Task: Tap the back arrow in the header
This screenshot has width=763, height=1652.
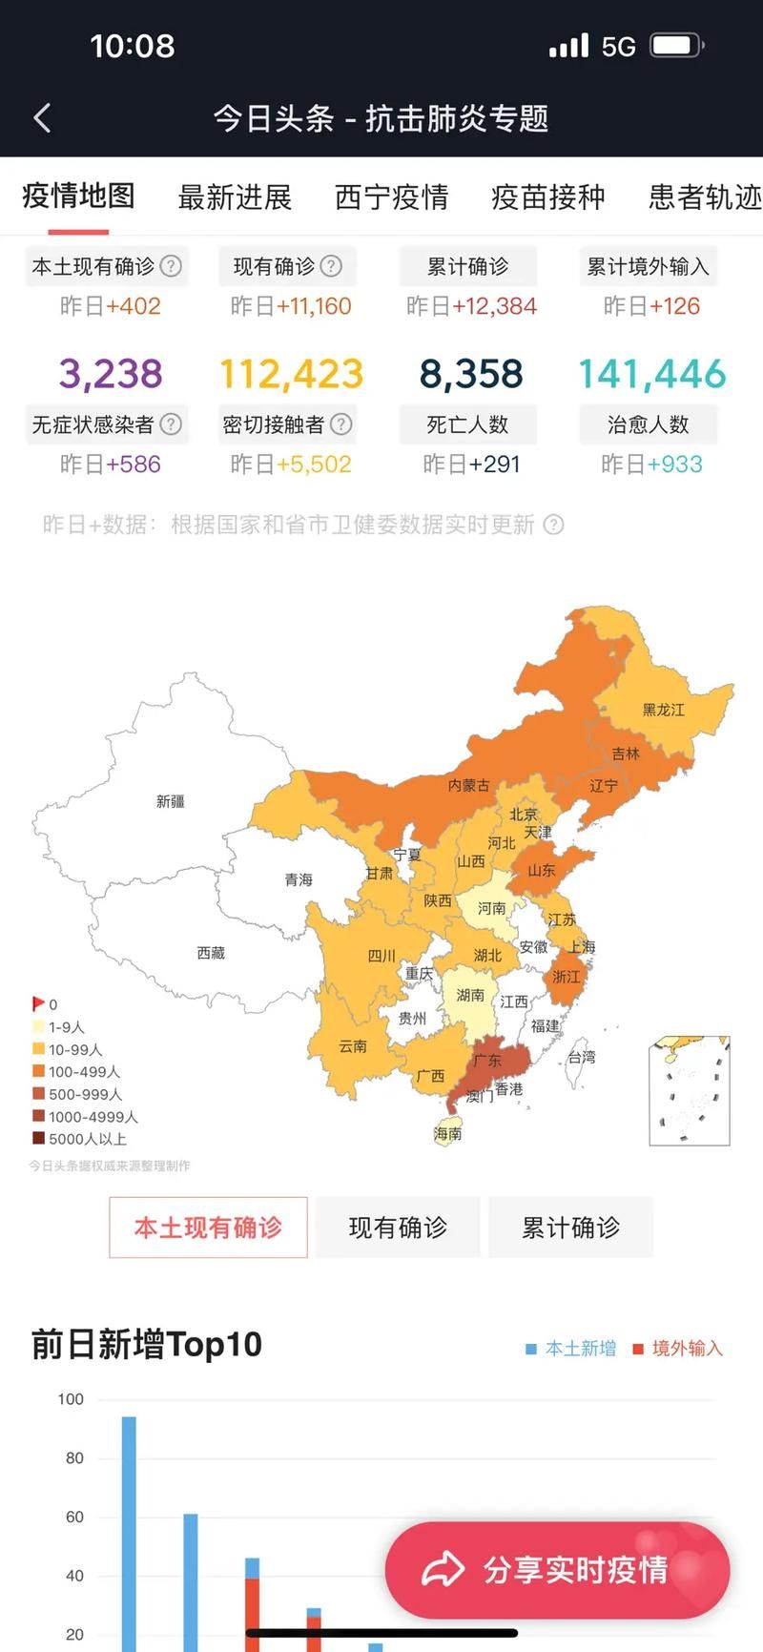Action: coord(42,118)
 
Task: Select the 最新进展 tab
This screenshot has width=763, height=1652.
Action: coord(235,197)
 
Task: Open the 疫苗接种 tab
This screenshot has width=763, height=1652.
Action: coord(547,197)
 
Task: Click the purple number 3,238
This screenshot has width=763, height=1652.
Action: coord(111,373)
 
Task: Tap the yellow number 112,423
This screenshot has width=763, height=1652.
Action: coord(291,373)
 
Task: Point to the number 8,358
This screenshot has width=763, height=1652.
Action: coord(471,373)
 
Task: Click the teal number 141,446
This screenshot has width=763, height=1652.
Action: coord(651,373)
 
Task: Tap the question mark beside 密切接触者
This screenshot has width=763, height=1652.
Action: coord(340,423)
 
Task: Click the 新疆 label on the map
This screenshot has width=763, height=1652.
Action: coord(171,801)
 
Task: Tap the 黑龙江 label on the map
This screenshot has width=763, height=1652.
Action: coord(663,710)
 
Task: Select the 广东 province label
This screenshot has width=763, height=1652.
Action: coord(487,1061)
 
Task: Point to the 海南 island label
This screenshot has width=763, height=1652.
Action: coord(447,1133)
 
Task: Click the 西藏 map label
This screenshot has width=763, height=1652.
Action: coord(211,953)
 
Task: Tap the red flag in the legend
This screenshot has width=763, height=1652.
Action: coord(38,1003)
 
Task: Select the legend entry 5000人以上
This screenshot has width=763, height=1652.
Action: coord(87,1139)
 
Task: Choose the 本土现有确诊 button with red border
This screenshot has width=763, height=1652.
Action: coord(208,1228)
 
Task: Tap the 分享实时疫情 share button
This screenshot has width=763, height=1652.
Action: coord(558,1570)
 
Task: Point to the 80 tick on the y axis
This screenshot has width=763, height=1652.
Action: coord(74,1458)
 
